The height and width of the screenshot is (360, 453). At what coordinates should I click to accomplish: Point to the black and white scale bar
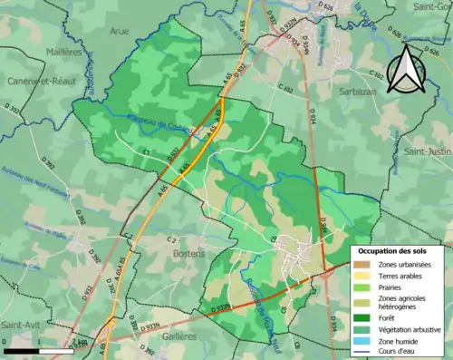pos(37,349)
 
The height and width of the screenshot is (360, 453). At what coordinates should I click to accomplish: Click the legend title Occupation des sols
pos(398,250)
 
